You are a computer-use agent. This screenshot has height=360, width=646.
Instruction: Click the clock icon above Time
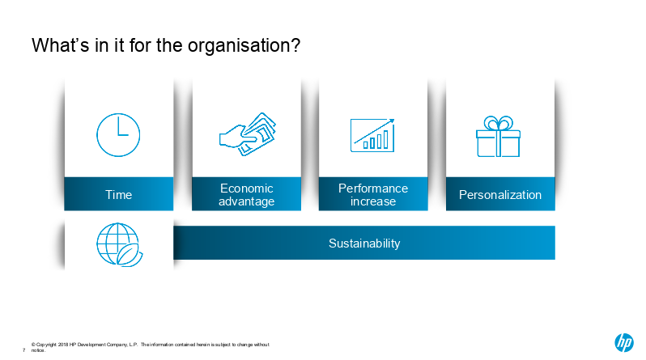[x=118, y=134]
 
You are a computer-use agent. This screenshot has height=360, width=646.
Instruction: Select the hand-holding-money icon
[x=247, y=133]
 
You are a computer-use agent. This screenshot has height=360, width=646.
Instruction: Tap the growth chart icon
[x=372, y=135]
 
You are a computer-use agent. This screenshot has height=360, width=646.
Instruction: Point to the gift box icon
[x=498, y=137]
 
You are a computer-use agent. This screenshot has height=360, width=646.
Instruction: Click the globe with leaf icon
[x=119, y=244]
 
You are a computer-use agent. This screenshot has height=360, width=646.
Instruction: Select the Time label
[x=119, y=194]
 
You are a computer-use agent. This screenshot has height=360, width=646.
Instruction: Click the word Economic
[x=246, y=188]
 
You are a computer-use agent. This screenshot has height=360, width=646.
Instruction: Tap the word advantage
[x=246, y=201]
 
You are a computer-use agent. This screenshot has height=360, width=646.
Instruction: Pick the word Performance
[x=373, y=188]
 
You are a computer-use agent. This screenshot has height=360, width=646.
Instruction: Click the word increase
[x=373, y=201]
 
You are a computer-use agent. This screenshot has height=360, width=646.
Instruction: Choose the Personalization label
[x=500, y=194]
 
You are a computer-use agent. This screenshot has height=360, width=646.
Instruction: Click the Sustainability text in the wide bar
[x=364, y=244]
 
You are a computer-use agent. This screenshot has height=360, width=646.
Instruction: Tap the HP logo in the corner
[x=624, y=342]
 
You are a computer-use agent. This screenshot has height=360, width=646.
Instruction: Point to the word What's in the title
[x=61, y=44]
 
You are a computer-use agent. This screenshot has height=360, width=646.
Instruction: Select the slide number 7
[x=24, y=350]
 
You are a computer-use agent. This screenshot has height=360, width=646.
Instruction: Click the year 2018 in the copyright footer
[x=63, y=345]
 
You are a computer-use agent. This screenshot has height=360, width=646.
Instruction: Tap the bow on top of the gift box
[x=498, y=123]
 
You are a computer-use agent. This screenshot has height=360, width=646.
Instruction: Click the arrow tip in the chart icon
[x=393, y=120]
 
